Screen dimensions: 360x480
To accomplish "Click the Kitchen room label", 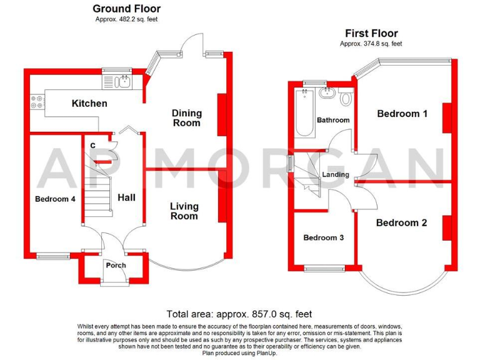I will point(89,104).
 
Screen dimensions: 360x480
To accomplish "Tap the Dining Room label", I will point(187,118).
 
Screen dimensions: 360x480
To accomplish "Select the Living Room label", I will point(184,211).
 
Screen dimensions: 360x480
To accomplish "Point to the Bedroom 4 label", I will point(55,199).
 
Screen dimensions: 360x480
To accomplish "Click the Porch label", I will point(116,266).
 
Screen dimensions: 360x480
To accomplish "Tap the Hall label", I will point(126,197).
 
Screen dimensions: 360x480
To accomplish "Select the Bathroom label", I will point(332,120).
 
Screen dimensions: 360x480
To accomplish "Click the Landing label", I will point(336,174).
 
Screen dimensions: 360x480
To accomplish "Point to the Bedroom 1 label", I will point(402,114).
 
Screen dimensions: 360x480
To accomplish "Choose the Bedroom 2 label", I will point(401,222).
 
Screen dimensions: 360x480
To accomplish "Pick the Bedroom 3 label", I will point(323,238).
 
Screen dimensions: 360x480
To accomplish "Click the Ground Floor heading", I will point(126,9).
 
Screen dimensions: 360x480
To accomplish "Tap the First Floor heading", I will point(371,34).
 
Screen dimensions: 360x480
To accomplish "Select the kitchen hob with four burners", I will point(36,102).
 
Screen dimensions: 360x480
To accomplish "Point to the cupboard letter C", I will point(92,146).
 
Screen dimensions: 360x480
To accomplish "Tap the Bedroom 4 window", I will point(53,255).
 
